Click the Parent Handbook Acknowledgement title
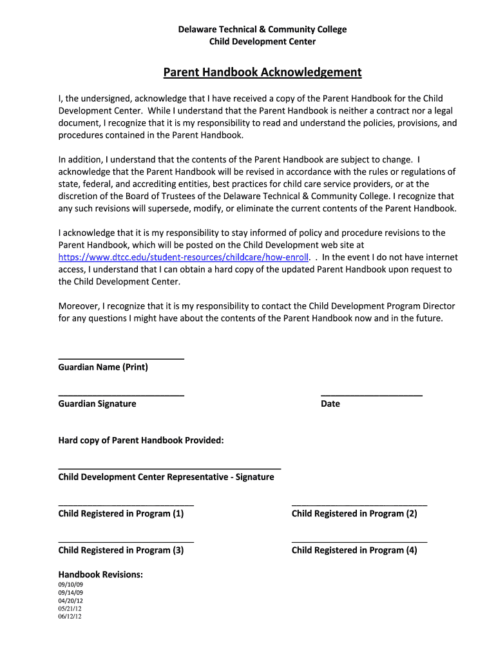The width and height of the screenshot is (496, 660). pos(262,72)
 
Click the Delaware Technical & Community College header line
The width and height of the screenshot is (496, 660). pos(262,30)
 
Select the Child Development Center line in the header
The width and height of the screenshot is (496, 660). pos(262,42)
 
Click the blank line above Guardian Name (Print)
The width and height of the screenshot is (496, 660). pos(121,358)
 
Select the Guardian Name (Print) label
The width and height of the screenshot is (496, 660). pos(103,367)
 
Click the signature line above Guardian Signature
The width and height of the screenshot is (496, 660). pos(121,395)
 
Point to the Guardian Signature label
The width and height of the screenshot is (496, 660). pos(97,404)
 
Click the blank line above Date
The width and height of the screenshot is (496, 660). pos(371,395)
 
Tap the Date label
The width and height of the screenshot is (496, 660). pos(330,404)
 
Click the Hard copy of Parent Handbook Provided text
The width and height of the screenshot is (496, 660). pos(141,441)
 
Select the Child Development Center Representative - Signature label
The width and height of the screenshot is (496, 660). pos(166,478)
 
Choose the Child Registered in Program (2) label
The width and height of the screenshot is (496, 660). pos(354,514)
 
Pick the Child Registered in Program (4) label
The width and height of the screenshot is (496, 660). pos(354,551)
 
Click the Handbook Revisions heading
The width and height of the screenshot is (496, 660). pos(100,575)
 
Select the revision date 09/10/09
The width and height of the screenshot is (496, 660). pos(70,585)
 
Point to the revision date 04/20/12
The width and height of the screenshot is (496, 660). pos(70,601)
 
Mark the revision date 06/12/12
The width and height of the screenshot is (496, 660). pos(70,616)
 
